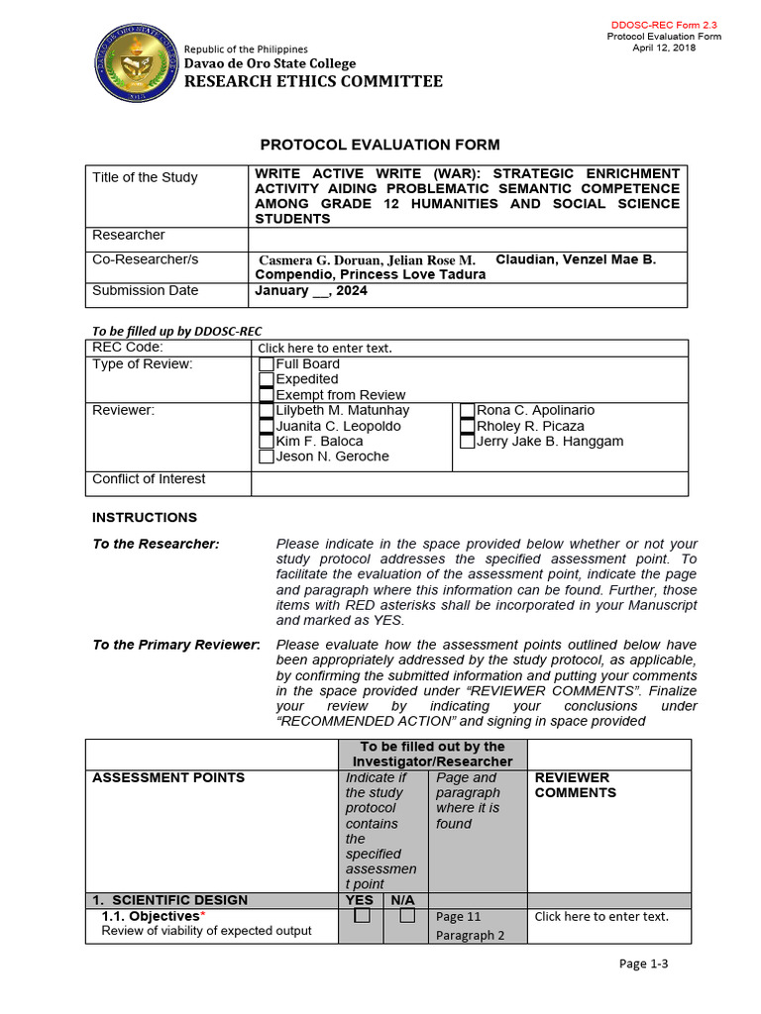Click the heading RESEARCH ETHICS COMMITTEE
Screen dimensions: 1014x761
(314, 81)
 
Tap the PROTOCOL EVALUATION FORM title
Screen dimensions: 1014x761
(380, 145)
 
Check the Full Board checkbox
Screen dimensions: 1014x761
(266, 364)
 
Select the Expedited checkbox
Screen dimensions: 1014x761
(266, 379)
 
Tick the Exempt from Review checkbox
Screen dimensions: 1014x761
(266, 395)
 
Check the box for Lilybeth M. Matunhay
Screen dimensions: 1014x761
(266, 411)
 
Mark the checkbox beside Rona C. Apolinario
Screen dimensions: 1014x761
(468, 411)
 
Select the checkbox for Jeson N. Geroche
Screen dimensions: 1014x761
(266, 457)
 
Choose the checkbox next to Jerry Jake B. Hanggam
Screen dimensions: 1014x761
(468, 442)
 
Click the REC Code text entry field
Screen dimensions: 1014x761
(325, 349)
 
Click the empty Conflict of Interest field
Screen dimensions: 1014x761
(469, 483)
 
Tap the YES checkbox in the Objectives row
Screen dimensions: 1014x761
(363, 917)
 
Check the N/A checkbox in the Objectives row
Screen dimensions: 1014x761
(406, 917)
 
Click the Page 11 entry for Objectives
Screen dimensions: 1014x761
(457, 917)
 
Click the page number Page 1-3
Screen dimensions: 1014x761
(644, 963)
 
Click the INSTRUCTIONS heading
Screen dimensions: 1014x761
(145, 518)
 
